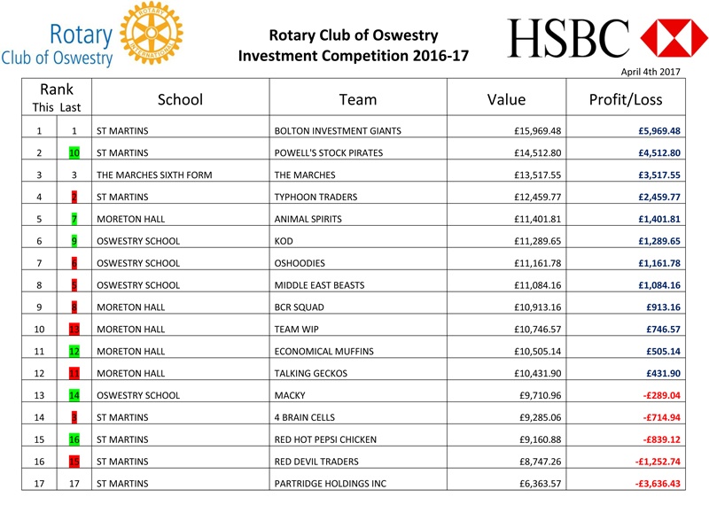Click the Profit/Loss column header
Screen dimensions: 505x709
point(625,99)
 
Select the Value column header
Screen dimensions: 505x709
point(506,99)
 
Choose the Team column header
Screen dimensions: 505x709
point(357,99)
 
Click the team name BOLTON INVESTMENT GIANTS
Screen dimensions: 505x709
point(338,131)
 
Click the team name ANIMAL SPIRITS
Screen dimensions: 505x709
point(308,219)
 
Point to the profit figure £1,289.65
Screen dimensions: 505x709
point(658,241)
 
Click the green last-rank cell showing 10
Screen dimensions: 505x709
point(74,153)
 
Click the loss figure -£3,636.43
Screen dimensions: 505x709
point(656,484)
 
